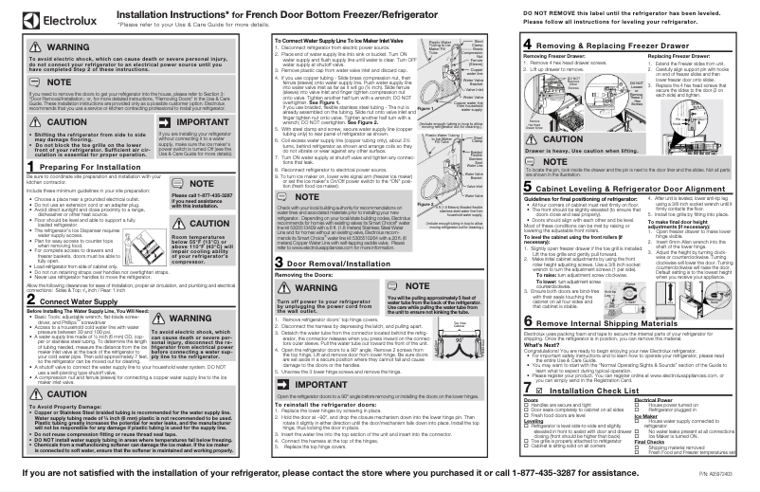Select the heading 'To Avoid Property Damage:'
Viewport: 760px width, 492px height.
click(x=42, y=380)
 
